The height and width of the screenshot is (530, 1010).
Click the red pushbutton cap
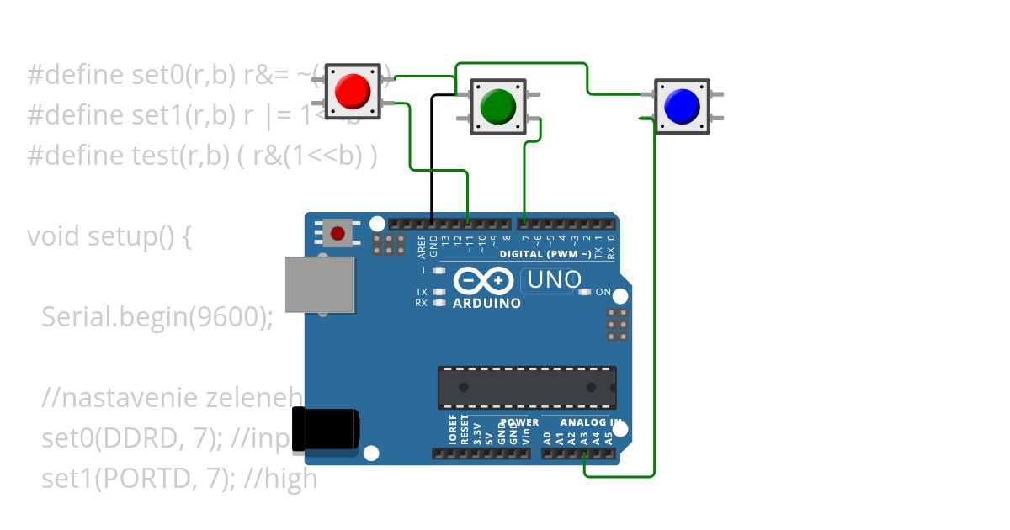coord(353,91)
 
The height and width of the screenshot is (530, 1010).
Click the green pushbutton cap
coord(497,105)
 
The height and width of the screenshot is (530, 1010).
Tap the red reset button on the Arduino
coord(338,232)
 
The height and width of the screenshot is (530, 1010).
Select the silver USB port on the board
coord(320,284)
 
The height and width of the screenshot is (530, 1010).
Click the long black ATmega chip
coord(526,387)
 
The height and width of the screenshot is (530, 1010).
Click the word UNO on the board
coord(554,279)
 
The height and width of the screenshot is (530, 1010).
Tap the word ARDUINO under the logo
coord(486,303)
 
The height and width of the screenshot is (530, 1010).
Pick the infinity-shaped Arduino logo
coord(483,280)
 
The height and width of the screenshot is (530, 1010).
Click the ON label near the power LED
coord(603,292)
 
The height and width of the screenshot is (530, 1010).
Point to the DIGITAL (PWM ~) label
coord(545,253)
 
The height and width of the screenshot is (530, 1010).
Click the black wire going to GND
coord(433,160)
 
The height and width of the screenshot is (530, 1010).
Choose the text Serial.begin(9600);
coord(157,316)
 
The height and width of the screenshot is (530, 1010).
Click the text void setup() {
coord(109,236)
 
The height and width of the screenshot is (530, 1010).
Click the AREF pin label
coord(422,244)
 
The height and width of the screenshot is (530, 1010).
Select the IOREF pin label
coord(453,429)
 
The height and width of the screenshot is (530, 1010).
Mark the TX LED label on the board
coord(422,292)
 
